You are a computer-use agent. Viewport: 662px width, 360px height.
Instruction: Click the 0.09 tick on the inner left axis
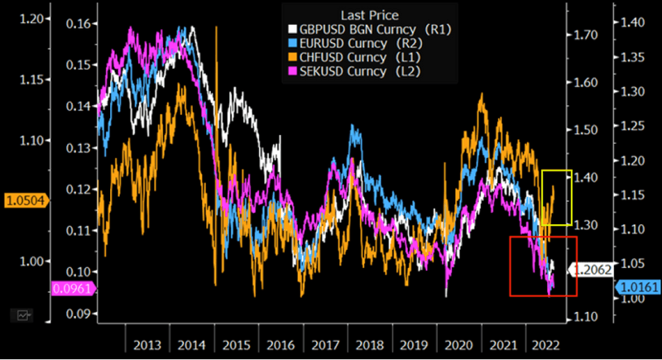[x=76, y=314]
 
